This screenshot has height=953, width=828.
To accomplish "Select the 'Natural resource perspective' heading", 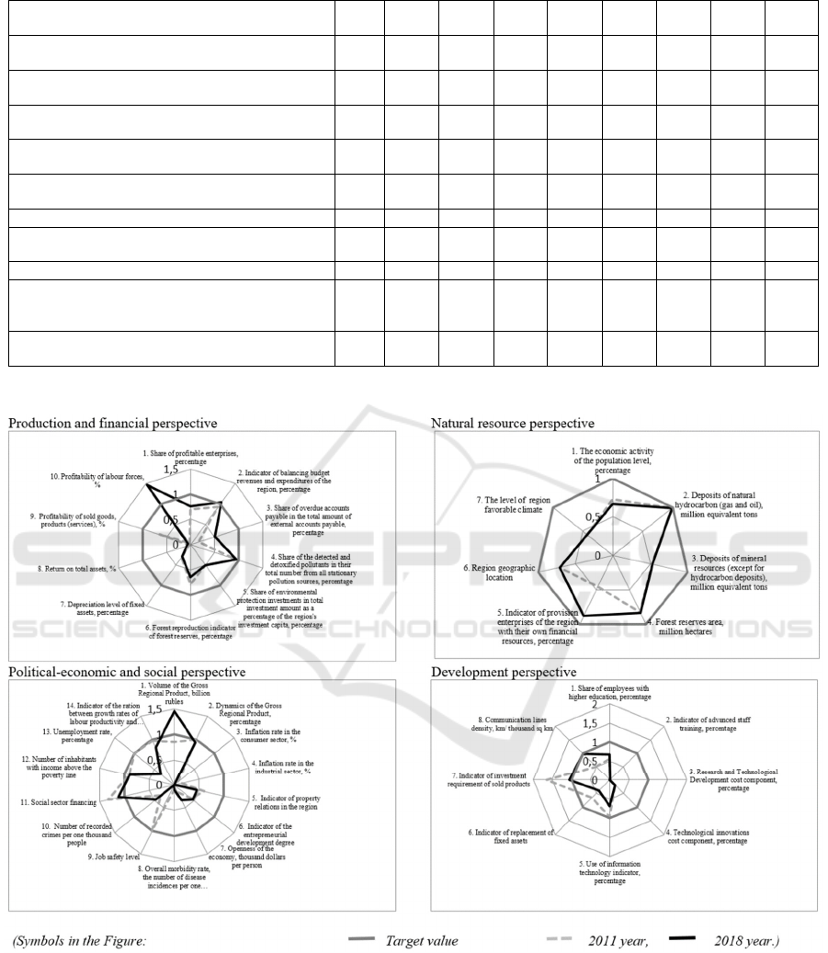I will (x=513, y=424).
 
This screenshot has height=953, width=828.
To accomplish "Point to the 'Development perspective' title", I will (x=504, y=673).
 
